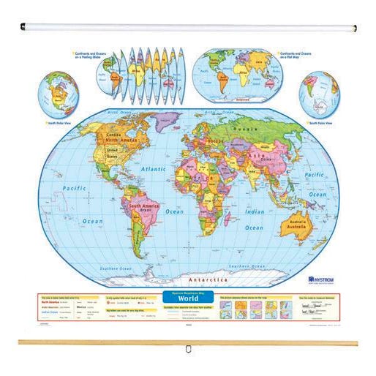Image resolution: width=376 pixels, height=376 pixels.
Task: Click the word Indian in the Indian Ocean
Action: pyautogui.click(x=253, y=212)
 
